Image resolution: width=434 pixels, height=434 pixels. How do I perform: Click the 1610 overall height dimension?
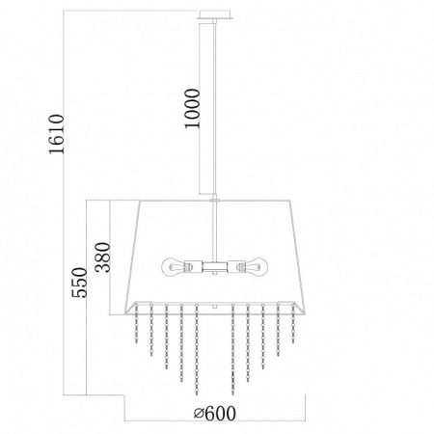[x=57, y=134]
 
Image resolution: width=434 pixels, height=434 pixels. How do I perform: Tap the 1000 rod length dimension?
[x=192, y=109]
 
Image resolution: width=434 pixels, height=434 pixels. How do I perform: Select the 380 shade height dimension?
[x=103, y=258]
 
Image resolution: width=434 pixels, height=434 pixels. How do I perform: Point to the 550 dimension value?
[x=79, y=283]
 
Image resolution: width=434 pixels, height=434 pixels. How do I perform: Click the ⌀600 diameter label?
[x=214, y=413]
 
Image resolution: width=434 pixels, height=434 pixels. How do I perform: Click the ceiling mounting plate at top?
[x=215, y=14]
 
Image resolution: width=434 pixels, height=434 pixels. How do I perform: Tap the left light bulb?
[x=176, y=267]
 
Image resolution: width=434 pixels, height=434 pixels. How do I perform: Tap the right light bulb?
[x=253, y=267]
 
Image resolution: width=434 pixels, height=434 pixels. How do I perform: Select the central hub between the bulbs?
[x=215, y=267]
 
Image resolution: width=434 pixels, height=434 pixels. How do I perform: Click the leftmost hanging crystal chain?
[x=136, y=323]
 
